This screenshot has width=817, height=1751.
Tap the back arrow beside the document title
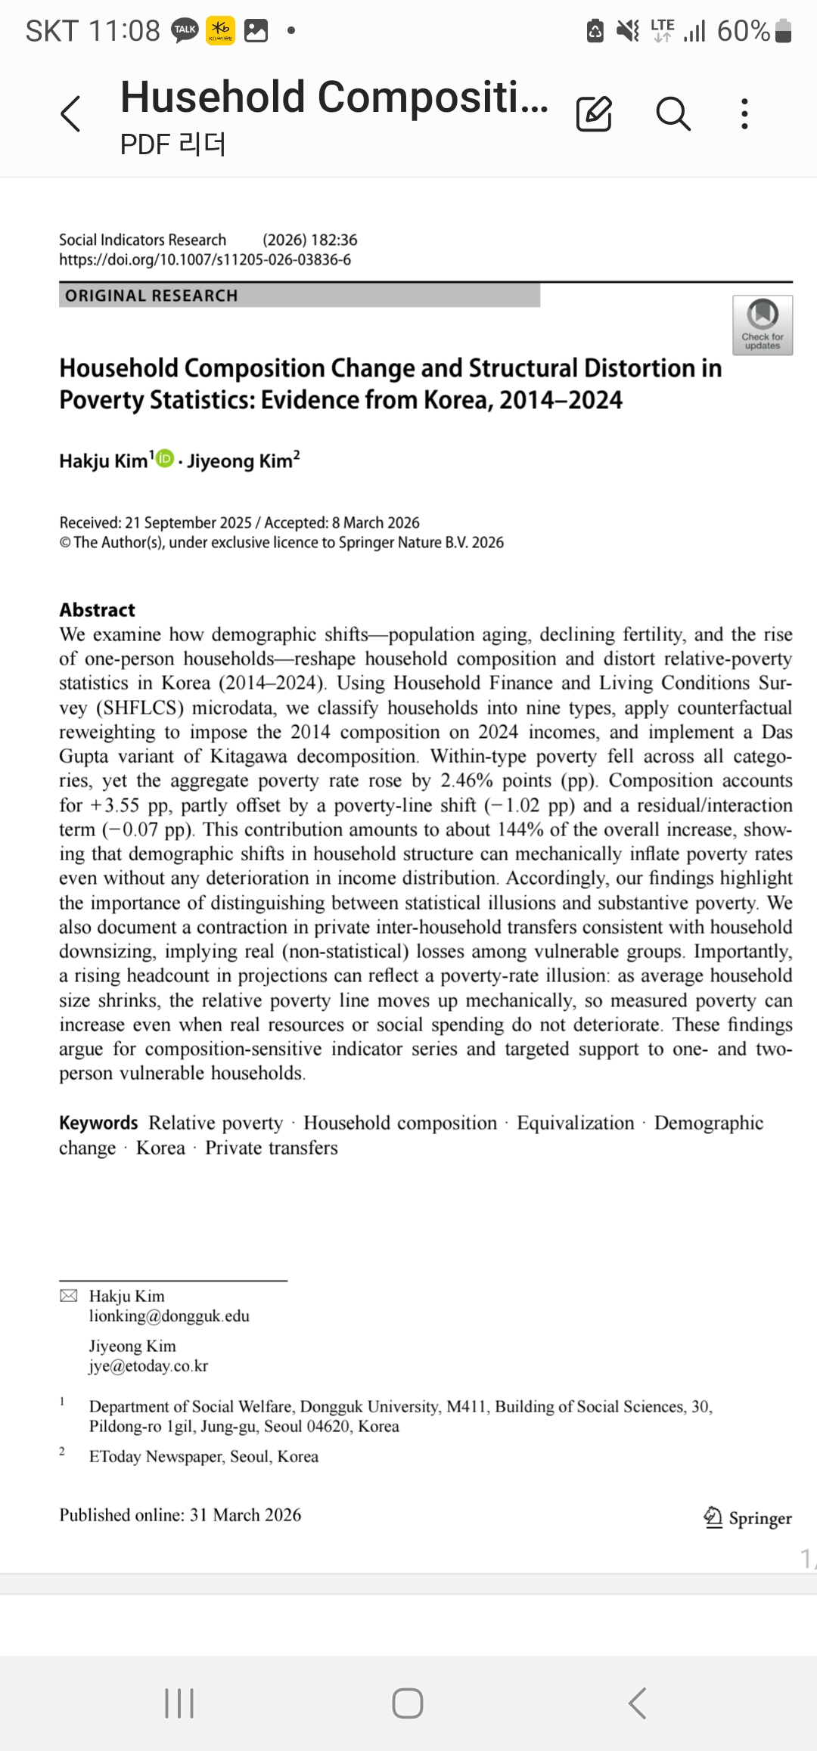click(x=70, y=114)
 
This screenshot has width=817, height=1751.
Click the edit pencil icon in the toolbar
click(x=594, y=114)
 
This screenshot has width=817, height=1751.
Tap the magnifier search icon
click(x=673, y=114)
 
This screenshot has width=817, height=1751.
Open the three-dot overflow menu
click(x=745, y=114)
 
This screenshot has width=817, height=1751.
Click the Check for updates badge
click(x=762, y=325)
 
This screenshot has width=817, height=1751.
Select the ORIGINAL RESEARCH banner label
click(x=151, y=296)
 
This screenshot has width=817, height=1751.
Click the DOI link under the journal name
click(x=205, y=259)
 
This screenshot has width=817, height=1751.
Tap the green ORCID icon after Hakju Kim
click(x=165, y=458)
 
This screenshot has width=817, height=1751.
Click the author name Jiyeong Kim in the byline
click(x=240, y=461)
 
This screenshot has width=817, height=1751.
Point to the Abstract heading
click(x=97, y=610)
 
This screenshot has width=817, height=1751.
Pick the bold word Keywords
click(x=98, y=1123)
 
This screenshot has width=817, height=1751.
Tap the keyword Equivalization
click(x=575, y=1123)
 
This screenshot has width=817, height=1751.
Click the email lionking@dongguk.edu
click(x=169, y=1316)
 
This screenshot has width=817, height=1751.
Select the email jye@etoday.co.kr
click(x=148, y=1365)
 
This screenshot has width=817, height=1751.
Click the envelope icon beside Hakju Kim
click(x=68, y=1296)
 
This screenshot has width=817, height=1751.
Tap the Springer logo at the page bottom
click(x=747, y=1517)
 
